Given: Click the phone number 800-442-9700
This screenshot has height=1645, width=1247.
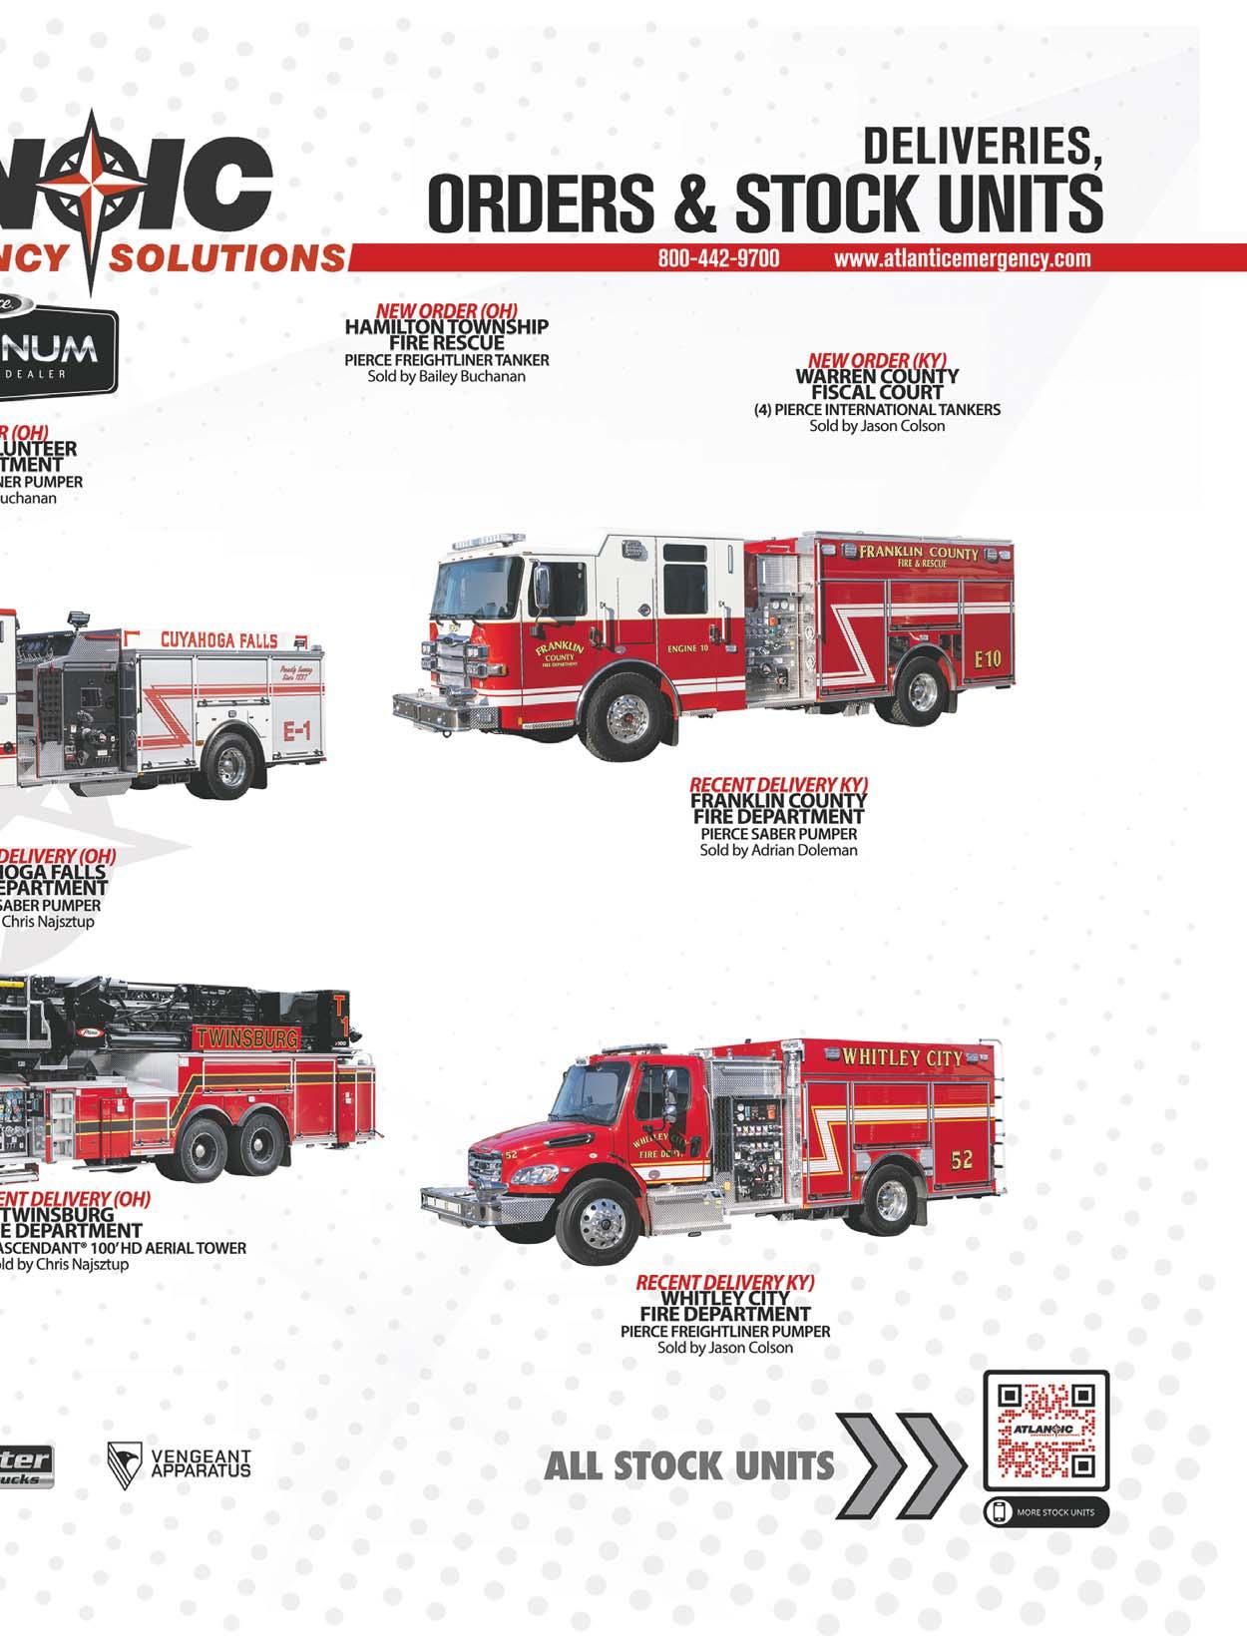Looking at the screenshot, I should click(718, 258).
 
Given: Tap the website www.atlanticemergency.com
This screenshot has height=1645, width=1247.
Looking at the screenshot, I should click(963, 258).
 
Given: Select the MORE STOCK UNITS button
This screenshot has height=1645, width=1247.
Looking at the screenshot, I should click(1046, 1512).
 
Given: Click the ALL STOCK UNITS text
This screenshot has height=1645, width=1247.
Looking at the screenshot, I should click(689, 1465).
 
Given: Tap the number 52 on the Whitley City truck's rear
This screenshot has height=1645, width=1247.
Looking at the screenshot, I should click(962, 1160).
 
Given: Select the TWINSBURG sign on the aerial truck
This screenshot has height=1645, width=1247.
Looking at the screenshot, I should click(246, 1037).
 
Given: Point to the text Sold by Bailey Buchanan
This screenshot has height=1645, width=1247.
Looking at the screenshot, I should click(447, 377).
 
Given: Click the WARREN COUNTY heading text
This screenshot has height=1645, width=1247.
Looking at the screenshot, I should click(877, 376).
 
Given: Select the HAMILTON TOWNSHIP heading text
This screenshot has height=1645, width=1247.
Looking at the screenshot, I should click(447, 326).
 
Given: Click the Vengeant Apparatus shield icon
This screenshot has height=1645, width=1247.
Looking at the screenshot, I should click(124, 1465).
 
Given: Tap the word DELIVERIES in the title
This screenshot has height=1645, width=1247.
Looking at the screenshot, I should click(982, 148).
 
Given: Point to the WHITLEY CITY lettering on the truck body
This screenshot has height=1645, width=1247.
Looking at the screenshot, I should click(903, 1058).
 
